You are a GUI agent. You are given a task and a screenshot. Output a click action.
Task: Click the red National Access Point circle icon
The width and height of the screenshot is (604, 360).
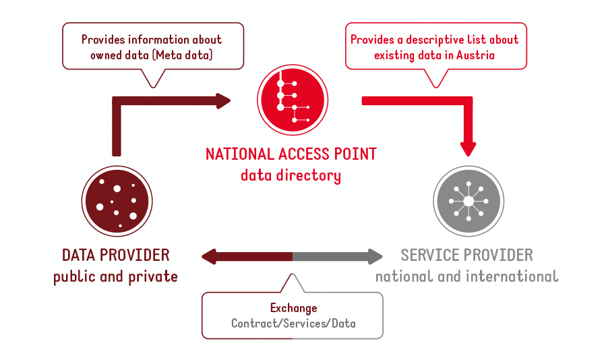coord(293,100)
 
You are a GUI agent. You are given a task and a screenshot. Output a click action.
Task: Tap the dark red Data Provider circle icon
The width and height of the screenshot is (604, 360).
coord(117,201)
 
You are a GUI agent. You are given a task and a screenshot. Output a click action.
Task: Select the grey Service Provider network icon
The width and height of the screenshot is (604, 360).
coord(469,201)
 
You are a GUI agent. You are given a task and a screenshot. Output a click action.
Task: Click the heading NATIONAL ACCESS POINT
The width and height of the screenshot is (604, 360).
coord(291,154)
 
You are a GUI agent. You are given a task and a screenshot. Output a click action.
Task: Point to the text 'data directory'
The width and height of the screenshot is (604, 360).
coord(291,175)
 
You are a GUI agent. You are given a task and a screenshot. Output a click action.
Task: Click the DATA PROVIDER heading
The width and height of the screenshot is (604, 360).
coord(115,255)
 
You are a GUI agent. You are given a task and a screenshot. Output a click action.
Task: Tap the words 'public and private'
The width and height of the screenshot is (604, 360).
coord(115,277)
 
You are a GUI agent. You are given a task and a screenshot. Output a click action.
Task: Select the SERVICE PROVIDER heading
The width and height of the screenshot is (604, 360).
coord(467,255)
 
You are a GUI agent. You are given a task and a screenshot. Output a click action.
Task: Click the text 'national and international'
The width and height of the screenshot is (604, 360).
coord(467,276)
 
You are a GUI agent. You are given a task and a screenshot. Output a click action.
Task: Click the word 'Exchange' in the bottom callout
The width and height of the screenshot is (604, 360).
coord(293,308)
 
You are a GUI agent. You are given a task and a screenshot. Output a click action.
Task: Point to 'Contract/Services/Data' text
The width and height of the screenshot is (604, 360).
coord(293,324)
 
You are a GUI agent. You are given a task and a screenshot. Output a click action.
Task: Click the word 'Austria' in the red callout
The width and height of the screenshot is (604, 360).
coord(475,55)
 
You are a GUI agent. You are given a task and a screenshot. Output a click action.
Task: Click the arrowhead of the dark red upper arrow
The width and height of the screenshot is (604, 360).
coord(223,101)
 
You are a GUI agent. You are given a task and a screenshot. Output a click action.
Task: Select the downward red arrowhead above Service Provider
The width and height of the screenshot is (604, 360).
coord(468,149)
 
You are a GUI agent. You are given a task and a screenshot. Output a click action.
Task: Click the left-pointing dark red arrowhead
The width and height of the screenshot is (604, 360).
coord(209,257)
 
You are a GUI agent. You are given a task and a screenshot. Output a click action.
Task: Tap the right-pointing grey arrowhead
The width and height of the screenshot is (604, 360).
coord(375,257)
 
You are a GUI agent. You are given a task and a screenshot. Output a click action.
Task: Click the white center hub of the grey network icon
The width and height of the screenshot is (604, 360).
coord(469,201)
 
